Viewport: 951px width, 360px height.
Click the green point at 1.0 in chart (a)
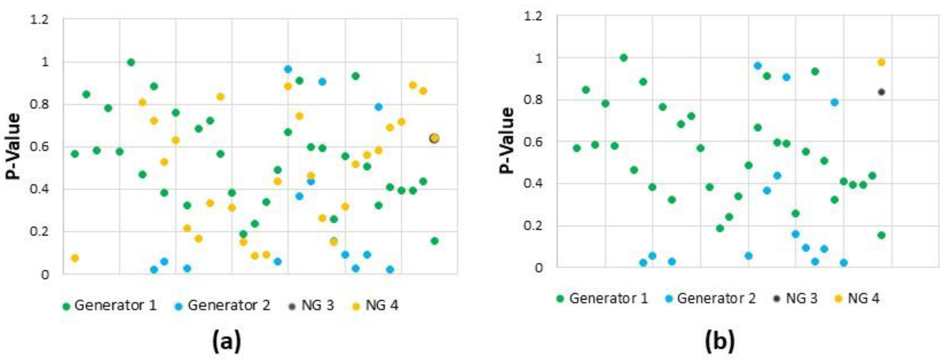click(131, 62)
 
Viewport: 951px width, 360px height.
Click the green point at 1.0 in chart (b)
click(624, 58)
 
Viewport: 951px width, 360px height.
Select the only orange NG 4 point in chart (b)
click(881, 62)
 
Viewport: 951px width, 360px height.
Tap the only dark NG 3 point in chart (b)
click(881, 92)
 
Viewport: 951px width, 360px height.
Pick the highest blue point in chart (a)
click(288, 69)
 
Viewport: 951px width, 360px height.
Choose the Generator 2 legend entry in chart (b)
click(710, 298)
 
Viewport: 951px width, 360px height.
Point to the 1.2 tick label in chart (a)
click(40, 20)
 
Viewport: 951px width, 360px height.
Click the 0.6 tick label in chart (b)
click(533, 142)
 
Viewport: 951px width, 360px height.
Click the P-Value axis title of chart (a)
click(13, 147)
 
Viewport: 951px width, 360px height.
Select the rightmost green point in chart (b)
click(881, 235)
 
